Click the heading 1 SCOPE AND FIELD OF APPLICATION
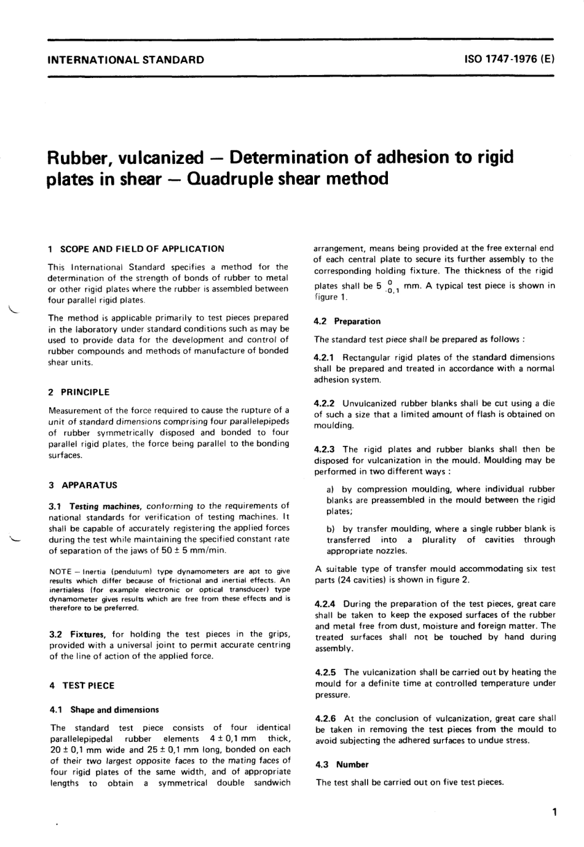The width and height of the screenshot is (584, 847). coord(136,249)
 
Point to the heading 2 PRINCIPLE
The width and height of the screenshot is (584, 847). coord(79,392)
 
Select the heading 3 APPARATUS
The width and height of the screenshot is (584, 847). coord(83,485)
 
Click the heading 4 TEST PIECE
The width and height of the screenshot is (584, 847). coord(82,685)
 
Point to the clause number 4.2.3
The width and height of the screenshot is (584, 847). coord(325,450)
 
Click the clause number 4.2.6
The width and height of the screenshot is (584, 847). coord(325,718)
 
